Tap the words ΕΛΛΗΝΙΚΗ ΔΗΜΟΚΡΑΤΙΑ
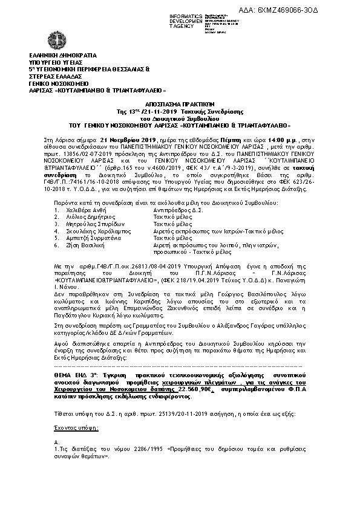[x=57, y=54]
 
